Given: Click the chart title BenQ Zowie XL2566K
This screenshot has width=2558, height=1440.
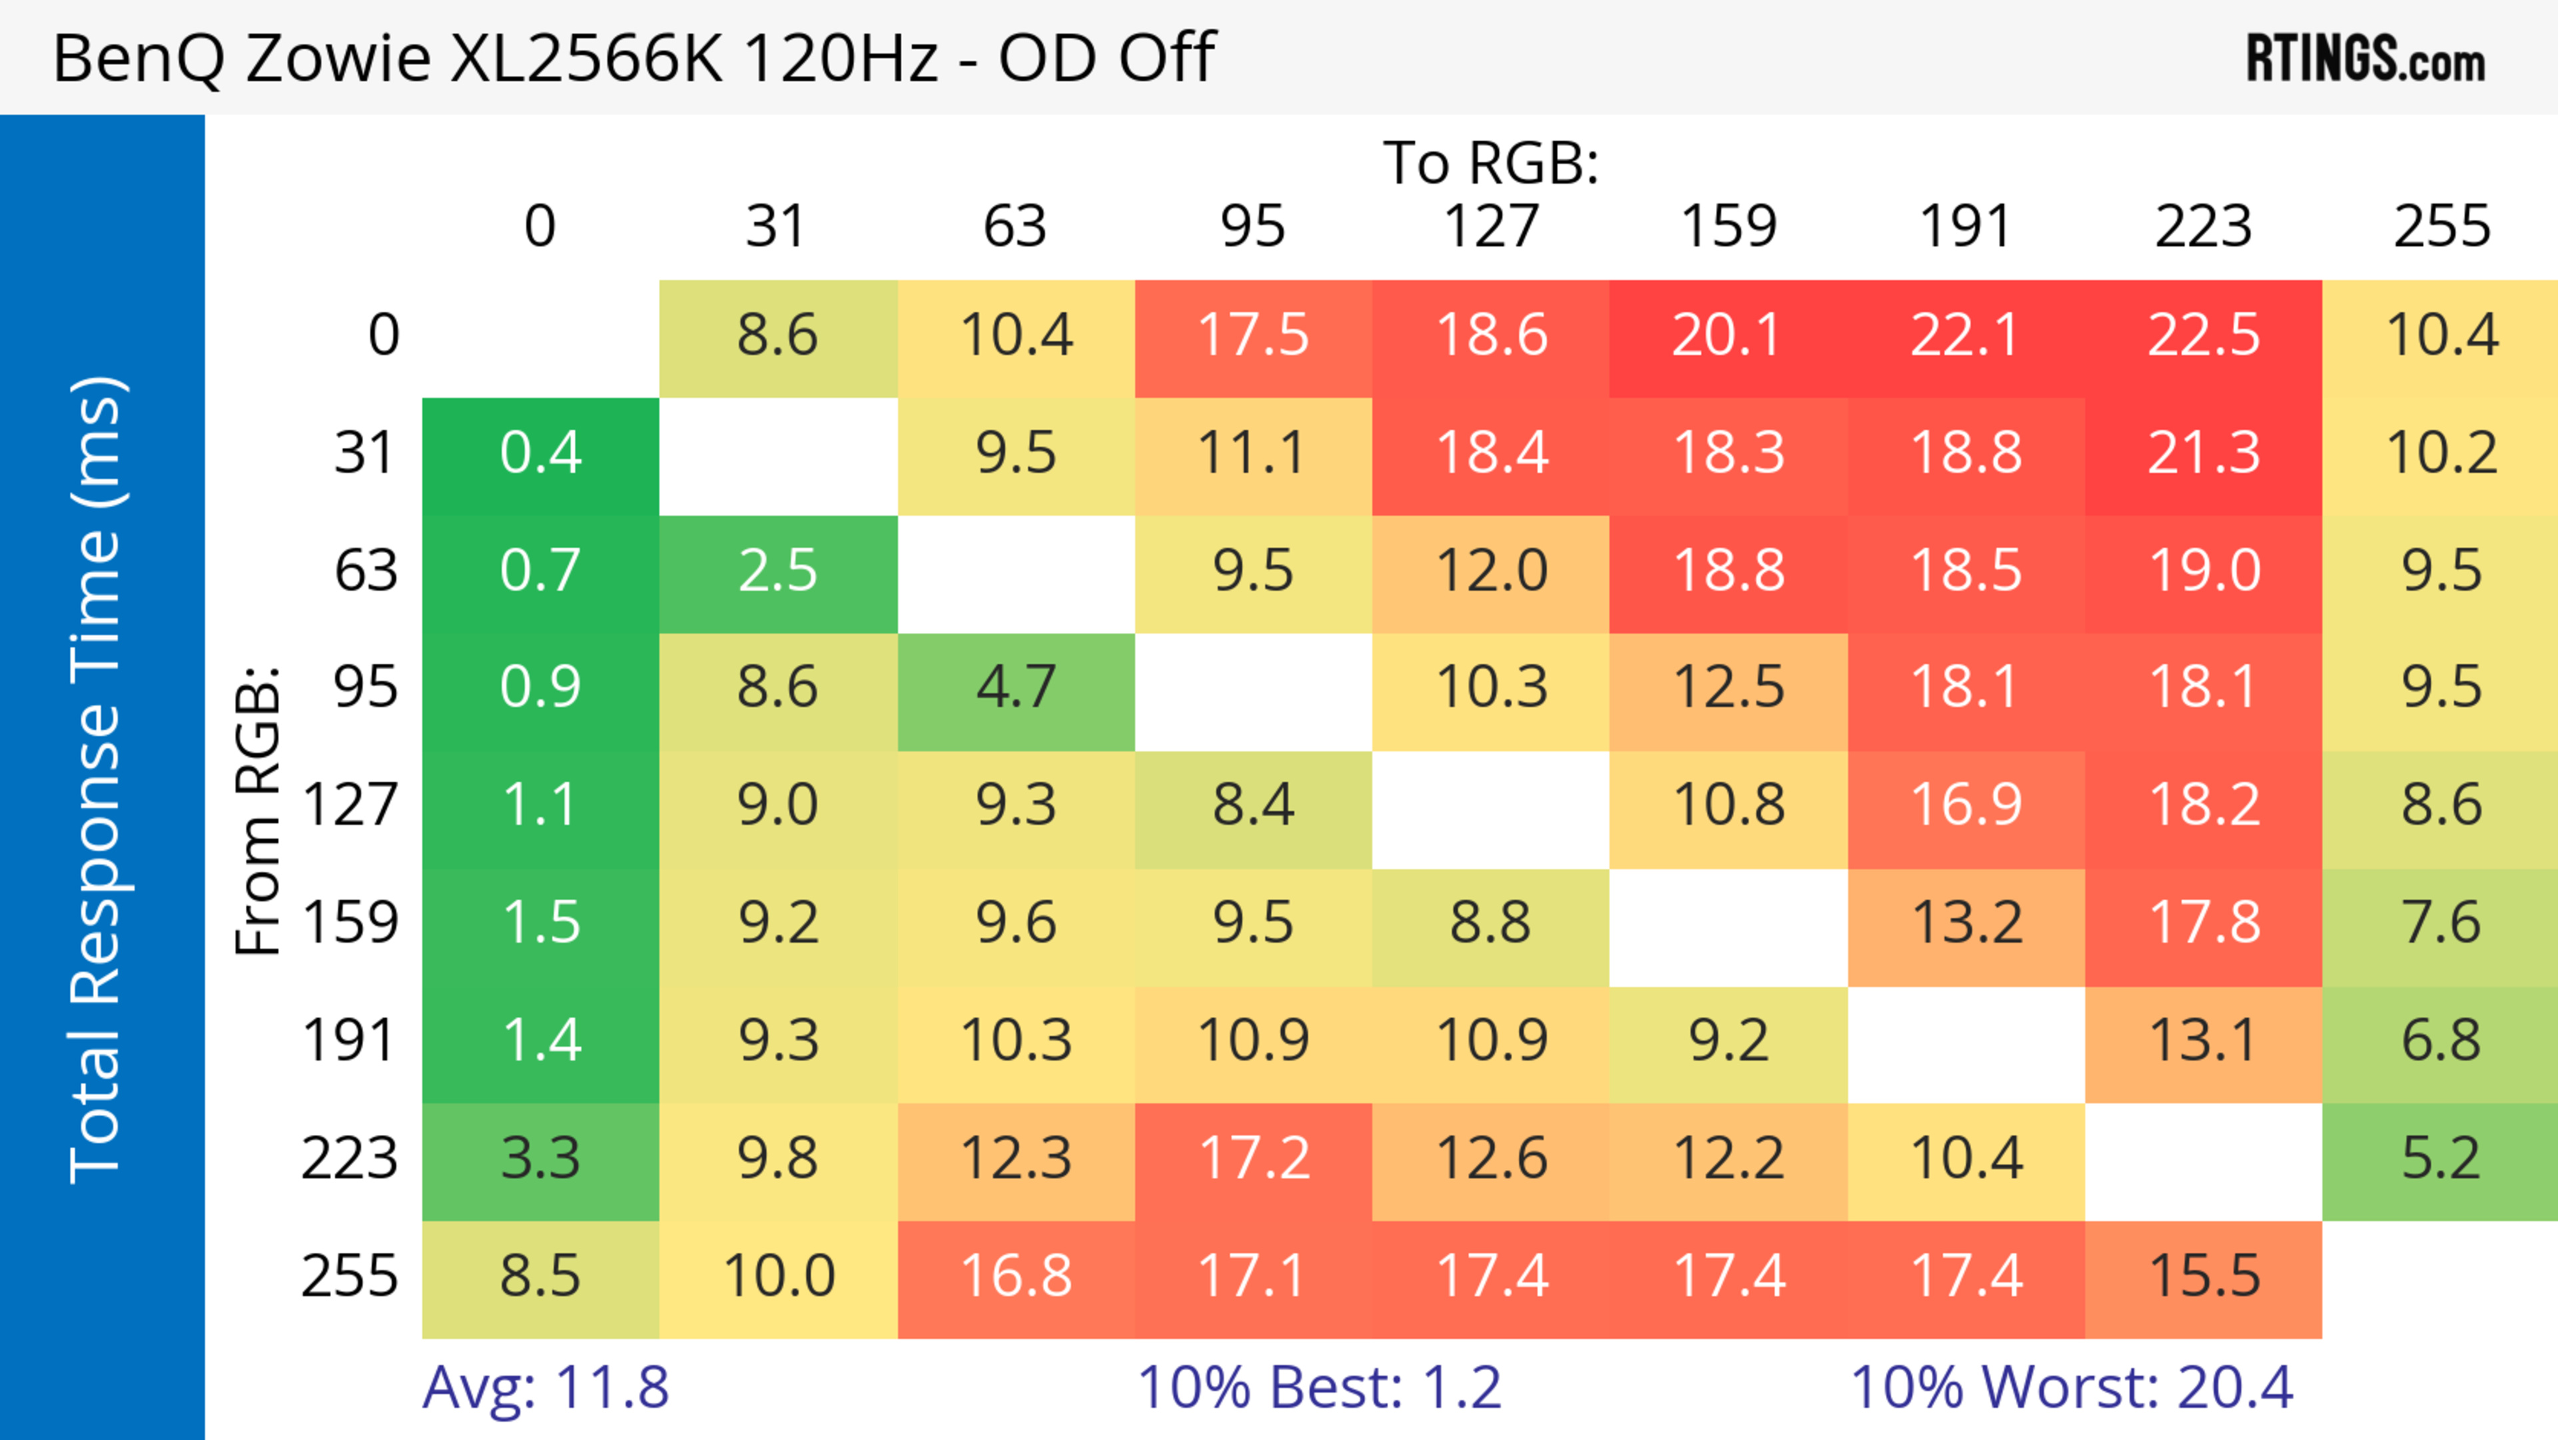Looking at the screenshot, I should (x=634, y=57).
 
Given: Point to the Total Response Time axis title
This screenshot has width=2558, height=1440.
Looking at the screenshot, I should (x=97, y=780).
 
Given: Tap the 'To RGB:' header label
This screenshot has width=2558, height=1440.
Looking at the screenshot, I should (x=1491, y=163).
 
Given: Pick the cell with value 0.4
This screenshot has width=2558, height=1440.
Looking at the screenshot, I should (x=540, y=454).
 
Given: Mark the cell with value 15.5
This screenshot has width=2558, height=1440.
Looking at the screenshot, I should (x=2204, y=1276).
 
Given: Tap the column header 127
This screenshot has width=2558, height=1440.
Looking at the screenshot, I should (x=1491, y=227).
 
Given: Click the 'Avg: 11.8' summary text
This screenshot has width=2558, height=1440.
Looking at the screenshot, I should (x=545, y=1387).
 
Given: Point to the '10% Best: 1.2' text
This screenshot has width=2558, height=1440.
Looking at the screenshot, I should (x=1319, y=1387).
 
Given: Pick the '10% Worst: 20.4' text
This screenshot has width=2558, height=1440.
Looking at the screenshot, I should (x=2072, y=1387).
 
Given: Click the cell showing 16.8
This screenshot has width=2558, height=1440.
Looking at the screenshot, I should (x=1016, y=1276).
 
